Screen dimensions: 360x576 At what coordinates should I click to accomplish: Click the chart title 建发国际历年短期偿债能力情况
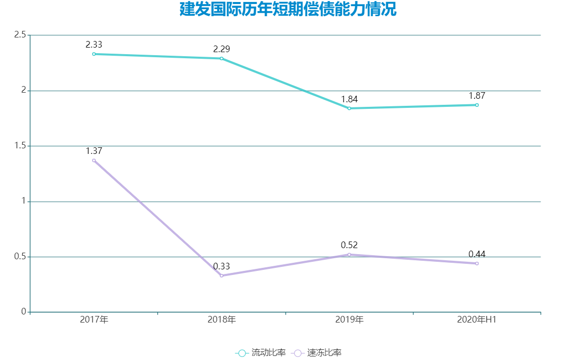pyautogui.click(x=287, y=10)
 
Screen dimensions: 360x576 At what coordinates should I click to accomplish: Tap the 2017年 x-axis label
pyautogui.click(x=94, y=320)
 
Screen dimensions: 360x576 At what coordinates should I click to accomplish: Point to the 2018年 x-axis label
pyautogui.click(x=221, y=320)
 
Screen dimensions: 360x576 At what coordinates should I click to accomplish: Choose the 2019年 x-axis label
pyautogui.click(x=349, y=320)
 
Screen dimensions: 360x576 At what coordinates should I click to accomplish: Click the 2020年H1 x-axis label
pyautogui.click(x=477, y=320)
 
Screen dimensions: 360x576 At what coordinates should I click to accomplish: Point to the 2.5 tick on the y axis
pyautogui.click(x=20, y=35)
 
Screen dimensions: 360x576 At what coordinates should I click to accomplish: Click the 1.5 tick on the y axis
pyautogui.click(x=20, y=146)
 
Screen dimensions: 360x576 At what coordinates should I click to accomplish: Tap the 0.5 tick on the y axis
pyautogui.click(x=20, y=257)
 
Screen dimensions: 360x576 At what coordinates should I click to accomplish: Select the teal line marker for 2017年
pyautogui.click(x=94, y=54)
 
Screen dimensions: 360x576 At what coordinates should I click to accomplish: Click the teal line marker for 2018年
pyautogui.click(x=221, y=58)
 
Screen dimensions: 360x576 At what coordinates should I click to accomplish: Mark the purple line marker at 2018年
pyautogui.click(x=221, y=275)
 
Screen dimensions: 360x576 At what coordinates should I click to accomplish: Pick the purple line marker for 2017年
pyautogui.click(x=94, y=161)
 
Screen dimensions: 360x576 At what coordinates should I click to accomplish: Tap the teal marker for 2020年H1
pyautogui.click(x=477, y=105)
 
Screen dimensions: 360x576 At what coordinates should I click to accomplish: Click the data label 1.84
pyautogui.click(x=349, y=99)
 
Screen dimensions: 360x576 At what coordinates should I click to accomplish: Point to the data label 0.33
pyautogui.click(x=221, y=266)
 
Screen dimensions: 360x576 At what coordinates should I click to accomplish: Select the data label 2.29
pyautogui.click(x=221, y=49)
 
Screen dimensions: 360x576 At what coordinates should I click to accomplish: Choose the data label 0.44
pyautogui.click(x=477, y=254)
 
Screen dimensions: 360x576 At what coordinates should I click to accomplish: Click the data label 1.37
pyautogui.click(x=94, y=151)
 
